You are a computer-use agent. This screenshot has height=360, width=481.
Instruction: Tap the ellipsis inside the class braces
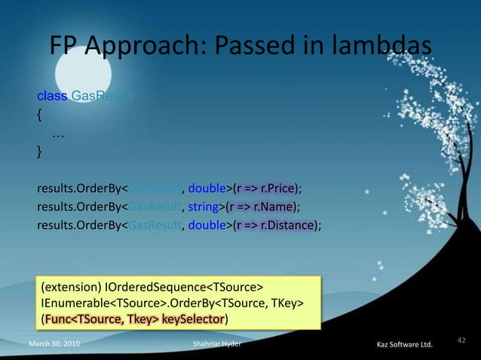pyautogui.click(x=57, y=133)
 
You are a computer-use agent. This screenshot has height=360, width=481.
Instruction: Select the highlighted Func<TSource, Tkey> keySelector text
pyautogui.click(x=135, y=319)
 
